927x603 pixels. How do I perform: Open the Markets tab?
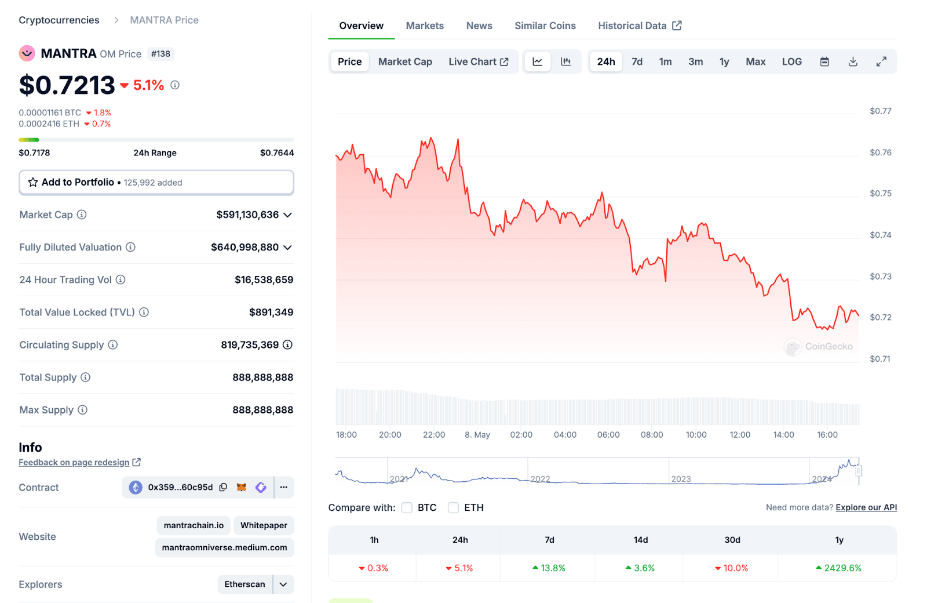(x=425, y=26)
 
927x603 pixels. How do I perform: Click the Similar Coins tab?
(x=545, y=26)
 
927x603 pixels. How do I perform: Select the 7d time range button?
(x=637, y=61)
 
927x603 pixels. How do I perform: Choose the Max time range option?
(x=755, y=61)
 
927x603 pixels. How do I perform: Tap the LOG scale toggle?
(x=791, y=61)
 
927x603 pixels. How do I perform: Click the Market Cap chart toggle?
(x=405, y=61)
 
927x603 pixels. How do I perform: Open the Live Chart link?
(x=478, y=61)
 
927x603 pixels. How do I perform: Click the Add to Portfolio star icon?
(x=33, y=182)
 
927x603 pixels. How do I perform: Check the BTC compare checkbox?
(x=407, y=507)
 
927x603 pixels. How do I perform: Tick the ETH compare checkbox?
(x=453, y=507)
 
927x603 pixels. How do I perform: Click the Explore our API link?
(x=866, y=507)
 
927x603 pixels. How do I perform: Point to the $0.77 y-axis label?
(x=880, y=111)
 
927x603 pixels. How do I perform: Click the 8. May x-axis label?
(x=477, y=435)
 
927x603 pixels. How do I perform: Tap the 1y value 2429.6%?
(x=842, y=568)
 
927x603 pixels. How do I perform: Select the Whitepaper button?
(x=264, y=525)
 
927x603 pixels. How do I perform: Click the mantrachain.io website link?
(x=194, y=525)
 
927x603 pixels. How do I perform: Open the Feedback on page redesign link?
(x=74, y=462)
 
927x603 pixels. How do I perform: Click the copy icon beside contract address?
(x=223, y=487)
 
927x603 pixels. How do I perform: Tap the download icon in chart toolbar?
(x=853, y=61)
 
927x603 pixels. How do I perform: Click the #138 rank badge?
(x=160, y=54)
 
